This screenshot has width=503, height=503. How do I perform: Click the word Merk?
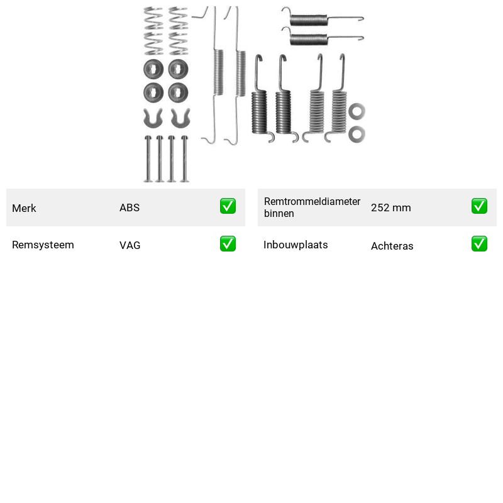pyautogui.click(x=24, y=208)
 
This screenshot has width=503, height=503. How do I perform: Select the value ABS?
pyautogui.click(x=130, y=207)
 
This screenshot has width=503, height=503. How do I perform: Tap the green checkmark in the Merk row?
pyautogui.click(x=228, y=206)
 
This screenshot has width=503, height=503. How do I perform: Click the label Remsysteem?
pyautogui.click(x=43, y=245)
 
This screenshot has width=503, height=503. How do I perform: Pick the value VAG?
pyautogui.click(x=130, y=245)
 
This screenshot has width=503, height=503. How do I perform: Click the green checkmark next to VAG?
pyautogui.click(x=228, y=244)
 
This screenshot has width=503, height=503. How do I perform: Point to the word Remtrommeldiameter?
pyautogui.click(x=312, y=201)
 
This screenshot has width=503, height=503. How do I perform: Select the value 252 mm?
pyautogui.click(x=391, y=207)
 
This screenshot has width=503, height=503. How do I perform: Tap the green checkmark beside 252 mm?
pyautogui.click(x=479, y=206)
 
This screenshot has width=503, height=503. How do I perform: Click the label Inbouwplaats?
pyautogui.click(x=296, y=245)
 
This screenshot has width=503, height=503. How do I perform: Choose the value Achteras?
pyautogui.click(x=392, y=246)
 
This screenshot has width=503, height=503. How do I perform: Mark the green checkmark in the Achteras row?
pyautogui.click(x=479, y=244)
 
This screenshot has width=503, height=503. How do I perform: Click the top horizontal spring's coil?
pyautogui.click(x=309, y=20)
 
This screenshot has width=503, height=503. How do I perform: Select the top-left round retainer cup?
pyautogui.click(x=153, y=69)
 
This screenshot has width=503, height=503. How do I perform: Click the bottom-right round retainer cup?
pyautogui.click(x=179, y=92)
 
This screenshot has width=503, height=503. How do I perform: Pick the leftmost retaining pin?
pyautogui.click(x=148, y=159)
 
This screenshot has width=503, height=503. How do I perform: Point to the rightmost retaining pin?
pyautogui.click(x=185, y=159)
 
